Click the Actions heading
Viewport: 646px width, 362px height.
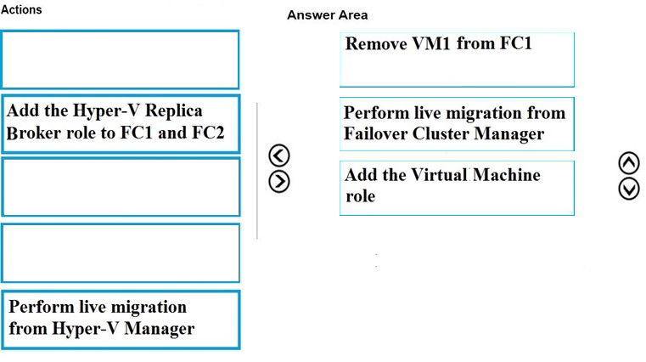click(x=21, y=9)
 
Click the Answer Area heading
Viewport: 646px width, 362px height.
click(x=327, y=15)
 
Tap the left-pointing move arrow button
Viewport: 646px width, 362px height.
click(x=279, y=156)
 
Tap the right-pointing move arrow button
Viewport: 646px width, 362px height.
click(x=279, y=182)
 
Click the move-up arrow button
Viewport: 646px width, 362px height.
click(x=629, y=163)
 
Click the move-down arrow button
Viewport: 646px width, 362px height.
click(x=629, y=189)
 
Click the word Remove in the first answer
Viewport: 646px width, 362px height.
click(x=376, y=43)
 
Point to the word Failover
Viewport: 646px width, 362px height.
click(x=376, y=133)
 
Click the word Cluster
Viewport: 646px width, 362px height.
click(x=441, y=133)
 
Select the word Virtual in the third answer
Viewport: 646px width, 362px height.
click(x=439, y=175)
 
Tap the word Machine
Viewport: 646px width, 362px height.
click(x=506, y=175)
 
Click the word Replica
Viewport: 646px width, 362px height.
click(x=173, y=110)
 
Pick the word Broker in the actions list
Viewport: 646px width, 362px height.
click(x=34, y=133)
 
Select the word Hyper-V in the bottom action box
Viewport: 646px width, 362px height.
click(x=86, y=329)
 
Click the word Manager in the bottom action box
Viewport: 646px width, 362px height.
click(x=159, y=329)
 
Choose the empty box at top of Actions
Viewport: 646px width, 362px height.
click(x=120, y=59)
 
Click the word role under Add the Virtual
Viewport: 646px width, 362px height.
click(x=361, y=196)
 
